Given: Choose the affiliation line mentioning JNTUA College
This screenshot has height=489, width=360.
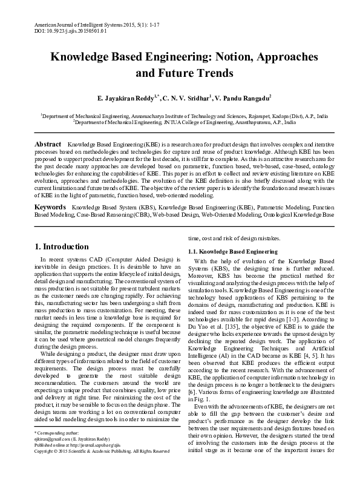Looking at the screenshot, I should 185,122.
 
